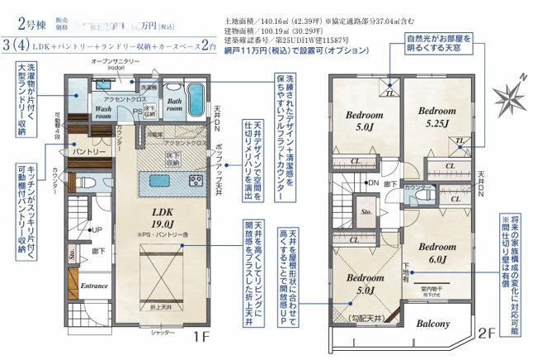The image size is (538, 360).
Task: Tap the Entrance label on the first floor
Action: point(94,287)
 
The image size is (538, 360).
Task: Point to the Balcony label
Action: point(432,324)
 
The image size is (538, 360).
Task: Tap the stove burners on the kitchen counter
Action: point(196,179)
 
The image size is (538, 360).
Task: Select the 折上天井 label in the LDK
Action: point(160,307)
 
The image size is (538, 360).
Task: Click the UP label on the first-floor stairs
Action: point(97,230)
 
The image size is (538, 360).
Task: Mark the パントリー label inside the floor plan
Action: point(87,153)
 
